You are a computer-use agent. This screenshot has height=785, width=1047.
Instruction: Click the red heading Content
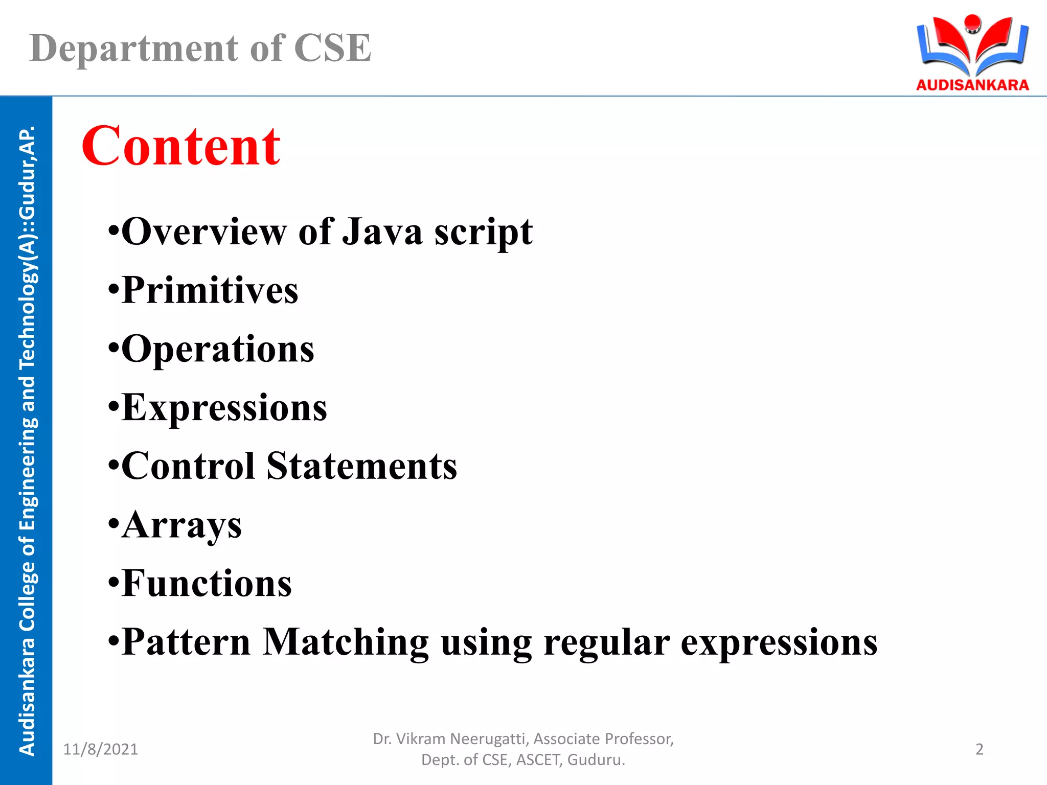point(181,147)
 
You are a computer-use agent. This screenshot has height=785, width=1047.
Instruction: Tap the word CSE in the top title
point(332,49)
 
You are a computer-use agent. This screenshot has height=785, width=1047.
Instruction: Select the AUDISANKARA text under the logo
point(972,85)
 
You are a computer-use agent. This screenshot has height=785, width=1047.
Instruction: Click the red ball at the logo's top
point(972,22)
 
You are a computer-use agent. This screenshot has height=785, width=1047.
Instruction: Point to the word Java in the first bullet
point(382,232)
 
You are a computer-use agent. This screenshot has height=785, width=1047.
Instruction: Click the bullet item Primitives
point(210,290)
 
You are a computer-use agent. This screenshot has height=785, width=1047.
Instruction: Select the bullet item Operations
point(218,349)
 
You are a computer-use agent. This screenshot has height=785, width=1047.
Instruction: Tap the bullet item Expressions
point(224,408)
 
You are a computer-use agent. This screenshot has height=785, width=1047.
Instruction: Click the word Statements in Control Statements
point(361,466)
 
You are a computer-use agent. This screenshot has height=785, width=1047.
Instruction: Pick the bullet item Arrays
point(181,525)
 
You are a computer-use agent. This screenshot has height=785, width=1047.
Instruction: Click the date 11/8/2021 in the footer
point(100,749)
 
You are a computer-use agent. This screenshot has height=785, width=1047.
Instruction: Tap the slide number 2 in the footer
point(979,749)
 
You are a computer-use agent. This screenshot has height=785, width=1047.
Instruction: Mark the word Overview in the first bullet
point(204,232)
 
